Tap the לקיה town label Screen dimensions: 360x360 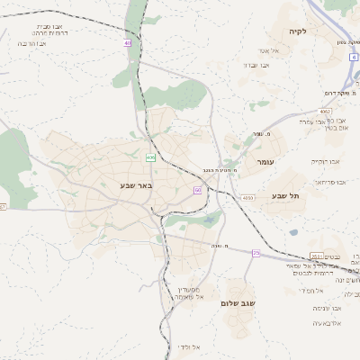click(297, 31)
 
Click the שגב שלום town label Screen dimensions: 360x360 click(238, 304)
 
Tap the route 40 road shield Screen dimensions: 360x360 click(128, 42)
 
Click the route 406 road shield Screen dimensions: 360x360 click(150, 157)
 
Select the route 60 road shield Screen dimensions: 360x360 click(197, 190)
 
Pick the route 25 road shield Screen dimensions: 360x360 click(256, 253)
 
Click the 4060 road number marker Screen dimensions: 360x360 click(247, 197)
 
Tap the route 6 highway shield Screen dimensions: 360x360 click(355, 57)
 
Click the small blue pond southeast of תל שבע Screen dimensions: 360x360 click(293, 232)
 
